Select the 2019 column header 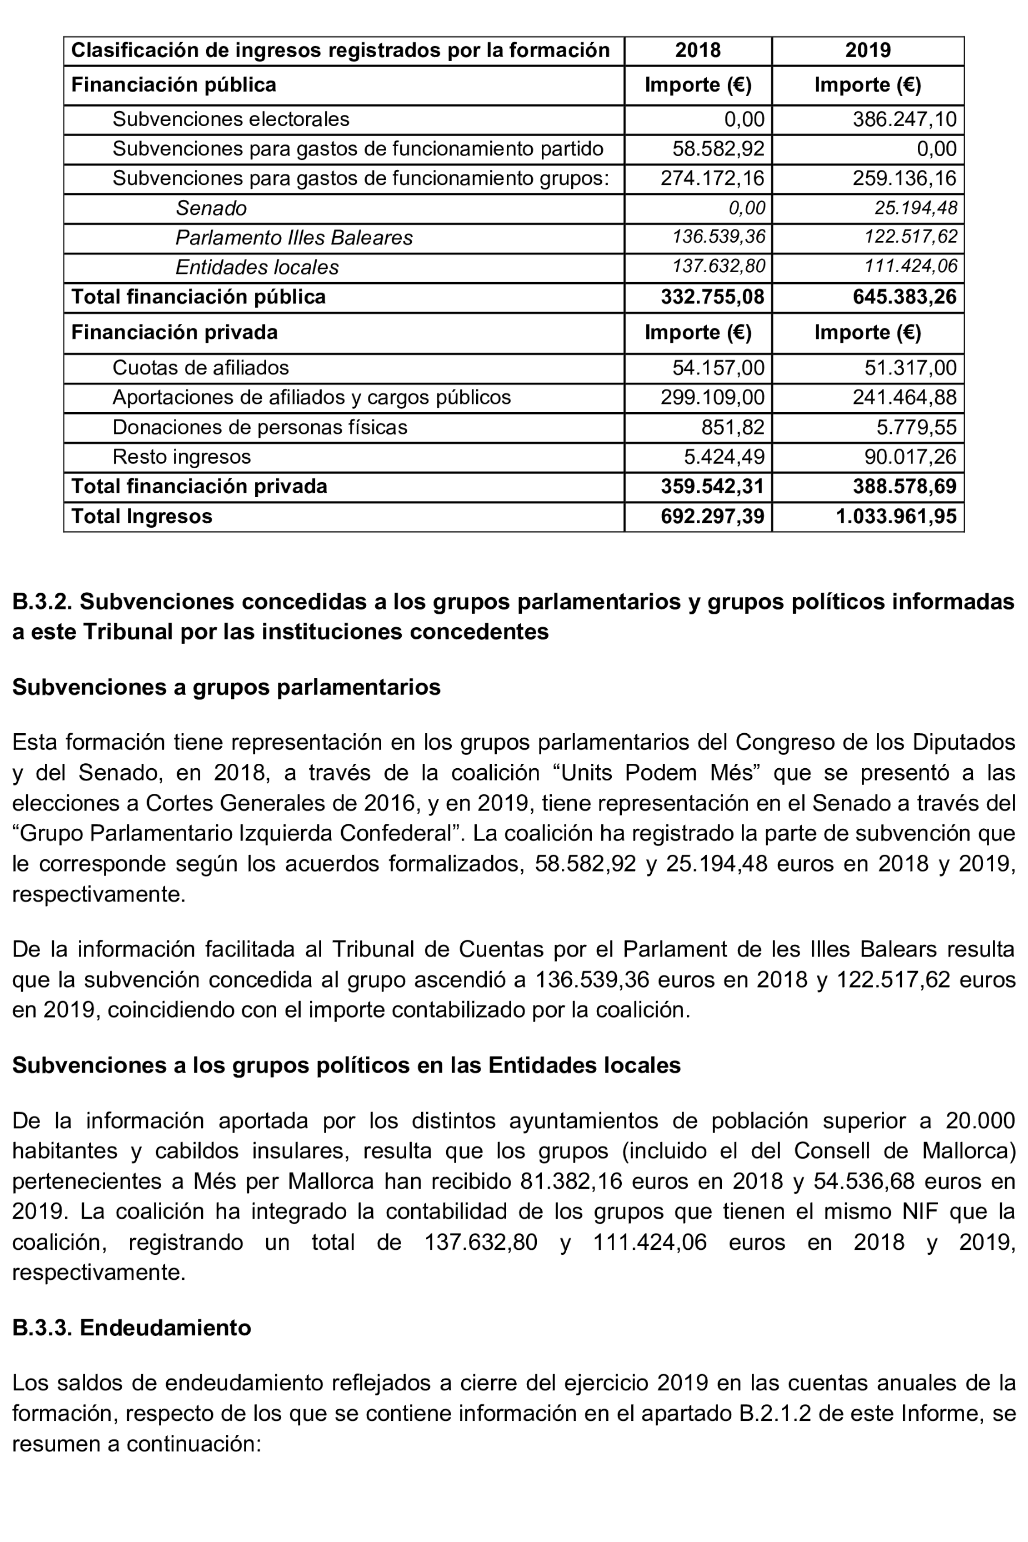click(x=867, y=51)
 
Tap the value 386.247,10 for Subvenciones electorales click(x=904, y=119)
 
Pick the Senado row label click(x=211, y=208)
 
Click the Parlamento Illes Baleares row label click(x=294, y=238)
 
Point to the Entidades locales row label click(x=257, y=267)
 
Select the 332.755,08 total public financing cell click(x=712, y=297)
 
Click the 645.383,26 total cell click(x=904, y=297)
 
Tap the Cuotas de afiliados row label click(x=201, y=368)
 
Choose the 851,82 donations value click(x=732, y=427)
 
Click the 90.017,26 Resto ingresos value click(x=910, y=457)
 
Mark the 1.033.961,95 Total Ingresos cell click(x=896, y=517)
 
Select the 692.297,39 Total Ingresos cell click(x=712, y=517)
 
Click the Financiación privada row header click(x=174, y=332)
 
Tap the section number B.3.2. click(x=43, y=602)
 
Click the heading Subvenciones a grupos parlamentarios click(x=226, y=687)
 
